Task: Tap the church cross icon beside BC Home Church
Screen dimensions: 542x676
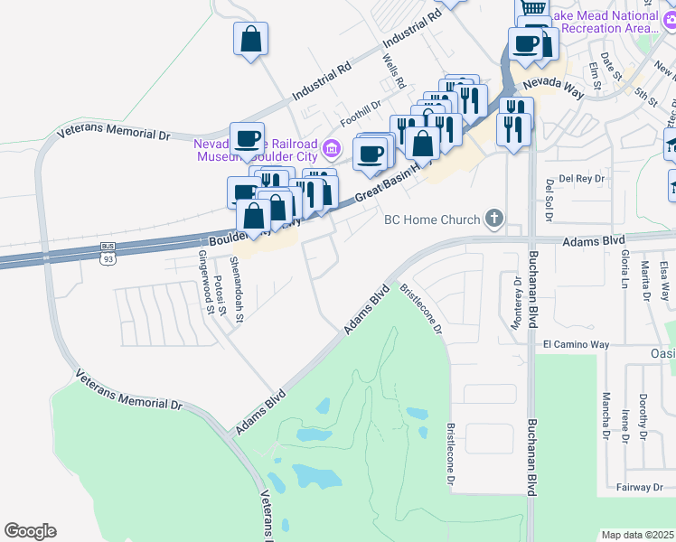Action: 493,218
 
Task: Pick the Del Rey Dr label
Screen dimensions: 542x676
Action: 580,179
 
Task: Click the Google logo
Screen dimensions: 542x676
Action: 30,531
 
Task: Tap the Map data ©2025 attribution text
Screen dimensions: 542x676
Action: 638,535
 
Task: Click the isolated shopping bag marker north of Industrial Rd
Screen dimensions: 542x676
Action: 250,40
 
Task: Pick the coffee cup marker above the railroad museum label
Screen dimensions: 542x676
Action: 247,139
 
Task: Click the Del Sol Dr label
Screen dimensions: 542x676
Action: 549,199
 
